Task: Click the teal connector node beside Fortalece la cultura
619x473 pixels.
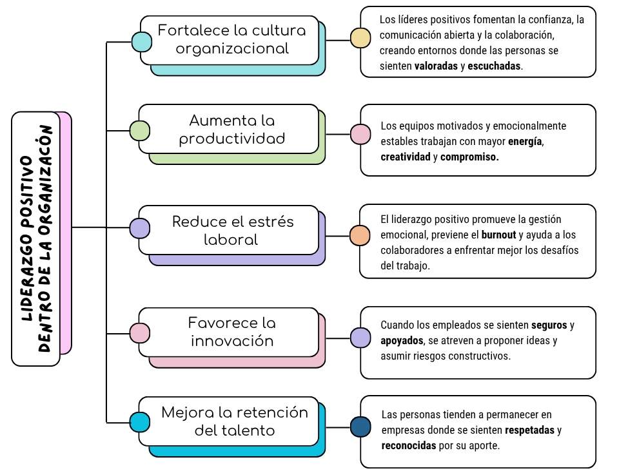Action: [141, 43]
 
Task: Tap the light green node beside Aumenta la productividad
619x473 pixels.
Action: [139, 131]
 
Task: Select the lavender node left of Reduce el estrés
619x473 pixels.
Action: [139, 228]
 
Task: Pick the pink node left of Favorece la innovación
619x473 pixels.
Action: [139, 333]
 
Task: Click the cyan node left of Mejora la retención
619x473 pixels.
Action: [139, 422]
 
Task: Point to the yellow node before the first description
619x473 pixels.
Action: [360, 38]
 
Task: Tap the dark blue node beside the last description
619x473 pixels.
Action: [360, 427]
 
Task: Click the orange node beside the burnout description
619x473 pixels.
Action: [360, 235]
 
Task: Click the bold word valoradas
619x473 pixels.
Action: [435, 66]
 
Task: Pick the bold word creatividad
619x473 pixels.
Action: [405, 157]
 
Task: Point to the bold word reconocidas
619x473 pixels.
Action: [409, 445]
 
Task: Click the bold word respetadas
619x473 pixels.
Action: [529, 430]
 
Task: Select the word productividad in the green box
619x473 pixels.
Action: [231, 139]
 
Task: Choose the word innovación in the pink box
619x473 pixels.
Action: [231, 341]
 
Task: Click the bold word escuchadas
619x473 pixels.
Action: [495, 66]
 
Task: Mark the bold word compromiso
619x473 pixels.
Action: [469, 157]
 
